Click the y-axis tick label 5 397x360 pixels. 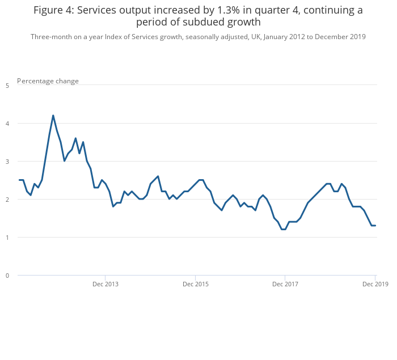tap(7, 86)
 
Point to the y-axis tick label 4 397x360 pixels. tap(7, 124)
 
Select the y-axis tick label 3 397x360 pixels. tap(7, 162)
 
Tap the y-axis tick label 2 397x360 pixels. tap(7, 200)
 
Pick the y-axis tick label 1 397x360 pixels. tap(7, 238)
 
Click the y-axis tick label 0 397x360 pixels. tap(7, 276)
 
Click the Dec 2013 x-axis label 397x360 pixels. tap(105, 283)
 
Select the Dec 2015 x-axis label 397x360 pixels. tap(196, 283)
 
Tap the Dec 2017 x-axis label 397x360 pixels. tap(285, 283)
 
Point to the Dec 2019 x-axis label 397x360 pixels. tap(375, 283)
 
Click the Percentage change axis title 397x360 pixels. tap(48, 81)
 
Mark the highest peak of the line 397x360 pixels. tap(53, 116)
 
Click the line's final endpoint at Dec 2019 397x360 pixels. tap(375, 226)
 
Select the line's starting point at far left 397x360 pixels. tap(19, 180)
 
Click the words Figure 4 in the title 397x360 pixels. tap(54, 10)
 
